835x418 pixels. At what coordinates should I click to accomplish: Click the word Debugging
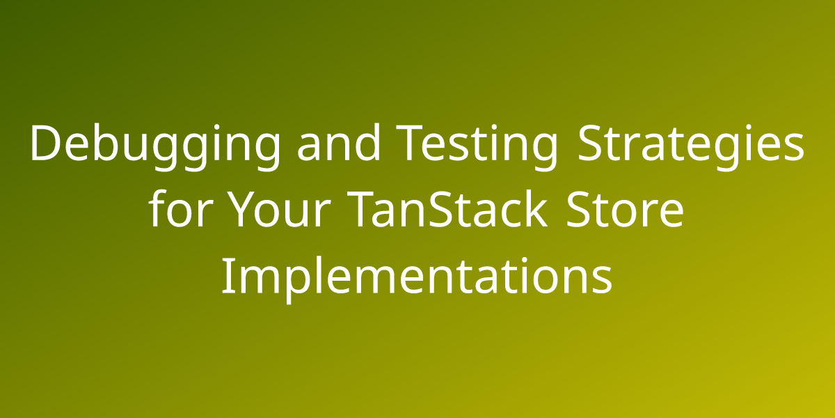coord(154,147)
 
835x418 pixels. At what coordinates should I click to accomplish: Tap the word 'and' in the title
coord(338,144)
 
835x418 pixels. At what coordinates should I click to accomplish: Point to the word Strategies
coord(690,147)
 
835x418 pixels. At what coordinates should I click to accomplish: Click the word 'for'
coord(179,208)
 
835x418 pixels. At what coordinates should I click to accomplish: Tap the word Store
coord(625,210)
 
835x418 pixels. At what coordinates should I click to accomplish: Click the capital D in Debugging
coord(47,144)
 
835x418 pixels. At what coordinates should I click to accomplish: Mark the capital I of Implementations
coord(225,276)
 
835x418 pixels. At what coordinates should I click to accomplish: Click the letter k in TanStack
coord(535,208)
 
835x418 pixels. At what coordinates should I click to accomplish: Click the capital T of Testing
coord(410,144)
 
